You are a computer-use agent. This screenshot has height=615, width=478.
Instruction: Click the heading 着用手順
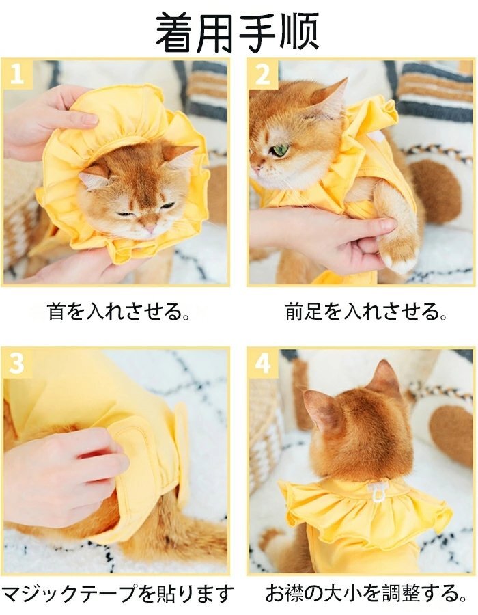coord(238,32)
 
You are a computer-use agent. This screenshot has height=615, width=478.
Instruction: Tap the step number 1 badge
coord(16,73)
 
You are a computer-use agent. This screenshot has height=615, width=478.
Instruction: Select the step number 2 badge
coord(263,73)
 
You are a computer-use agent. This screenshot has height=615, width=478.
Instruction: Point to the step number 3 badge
coord(16,363)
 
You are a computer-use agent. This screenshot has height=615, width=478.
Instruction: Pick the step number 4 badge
coord(263,364)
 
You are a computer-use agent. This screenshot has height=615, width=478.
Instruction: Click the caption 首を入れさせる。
coord(119,311)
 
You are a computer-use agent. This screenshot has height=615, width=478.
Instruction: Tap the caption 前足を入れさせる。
coord(366,311)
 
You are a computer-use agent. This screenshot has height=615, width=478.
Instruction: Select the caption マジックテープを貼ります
coord(117,594)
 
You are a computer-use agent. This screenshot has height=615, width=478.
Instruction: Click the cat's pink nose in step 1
coord(150,228)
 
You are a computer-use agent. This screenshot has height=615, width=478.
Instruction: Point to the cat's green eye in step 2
coord(280,150)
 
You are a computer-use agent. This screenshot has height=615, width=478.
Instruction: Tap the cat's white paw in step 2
coord(397,257)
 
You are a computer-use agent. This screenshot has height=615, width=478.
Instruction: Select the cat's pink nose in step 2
coord(256,169)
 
